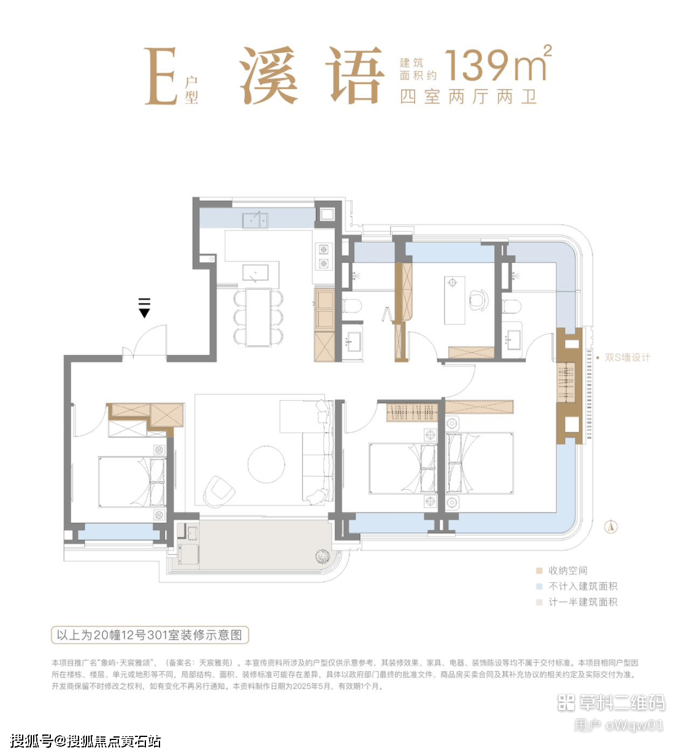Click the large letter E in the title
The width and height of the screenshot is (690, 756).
point(161,75)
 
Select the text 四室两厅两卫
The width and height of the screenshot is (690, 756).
point(468,96)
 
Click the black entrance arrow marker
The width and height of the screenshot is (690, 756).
point(144,307)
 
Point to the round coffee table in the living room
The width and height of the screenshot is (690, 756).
point(266,464)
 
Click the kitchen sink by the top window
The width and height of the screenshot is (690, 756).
point(255,220)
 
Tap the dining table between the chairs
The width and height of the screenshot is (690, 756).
point(258,317)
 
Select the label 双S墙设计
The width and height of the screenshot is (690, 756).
point(627,357)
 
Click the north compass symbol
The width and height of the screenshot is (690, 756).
point(611,527)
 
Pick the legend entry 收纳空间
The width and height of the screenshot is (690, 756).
point(567,571)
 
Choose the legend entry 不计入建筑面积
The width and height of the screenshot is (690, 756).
point(577,587)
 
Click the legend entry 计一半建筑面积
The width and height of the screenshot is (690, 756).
point(577,602)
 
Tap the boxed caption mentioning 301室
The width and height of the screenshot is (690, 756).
point(150,635)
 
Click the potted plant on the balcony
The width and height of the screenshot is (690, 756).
point(323,556)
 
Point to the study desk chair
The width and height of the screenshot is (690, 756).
point(478,299)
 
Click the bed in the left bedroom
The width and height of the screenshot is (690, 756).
point(132,482)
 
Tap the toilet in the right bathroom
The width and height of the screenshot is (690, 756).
point(512,306)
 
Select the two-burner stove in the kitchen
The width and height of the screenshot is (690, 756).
point(323,256)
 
